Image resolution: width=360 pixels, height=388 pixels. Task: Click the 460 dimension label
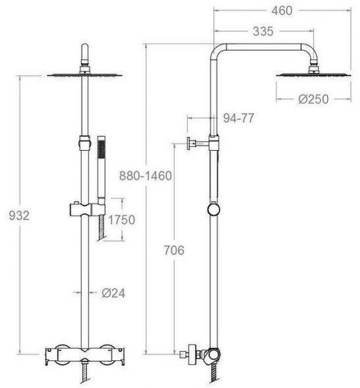coord(282,11)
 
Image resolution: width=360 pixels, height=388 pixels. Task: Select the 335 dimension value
coord(263,32)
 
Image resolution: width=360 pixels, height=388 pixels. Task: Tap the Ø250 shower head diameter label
coord(313,99)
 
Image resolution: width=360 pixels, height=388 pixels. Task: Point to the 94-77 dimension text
coord(238,118)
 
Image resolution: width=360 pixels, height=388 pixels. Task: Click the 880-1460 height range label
coord(146,176)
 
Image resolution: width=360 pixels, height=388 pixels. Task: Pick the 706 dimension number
coord(174,251)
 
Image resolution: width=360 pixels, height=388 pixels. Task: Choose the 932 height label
coord(19,216)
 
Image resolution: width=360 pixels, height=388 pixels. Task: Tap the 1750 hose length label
coord(122,219)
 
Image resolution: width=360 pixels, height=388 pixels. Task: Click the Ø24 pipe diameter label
coord(114,293)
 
